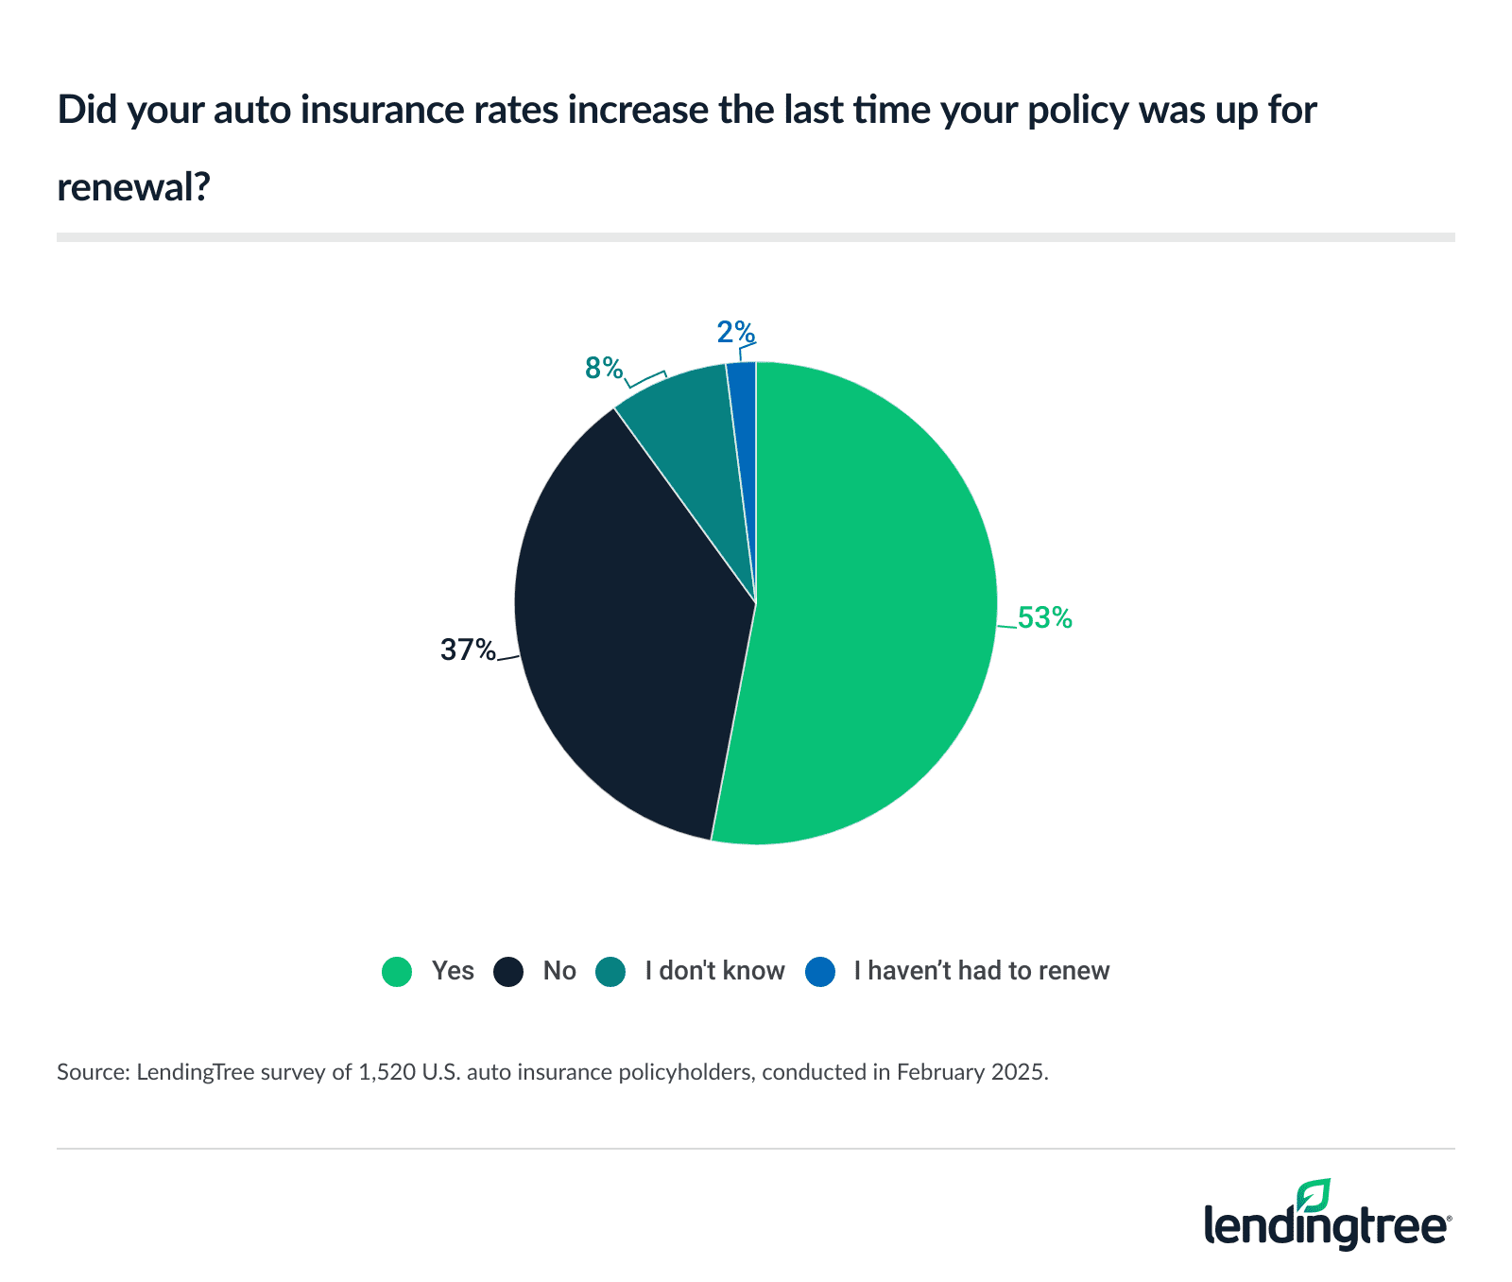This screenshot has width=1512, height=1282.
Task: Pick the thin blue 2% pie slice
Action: [744, 397]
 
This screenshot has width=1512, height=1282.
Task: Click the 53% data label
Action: [1044, 618]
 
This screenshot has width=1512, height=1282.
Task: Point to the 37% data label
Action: [468, 650]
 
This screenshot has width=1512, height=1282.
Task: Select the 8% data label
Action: [604, 369]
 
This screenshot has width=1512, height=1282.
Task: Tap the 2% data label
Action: [735, 333]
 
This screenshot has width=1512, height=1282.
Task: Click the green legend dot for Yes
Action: [397, 972]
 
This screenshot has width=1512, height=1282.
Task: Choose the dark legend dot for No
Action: [508, 972]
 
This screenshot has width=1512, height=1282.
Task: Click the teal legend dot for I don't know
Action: [610, 972]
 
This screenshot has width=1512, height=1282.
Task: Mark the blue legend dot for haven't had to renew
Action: [820, 972]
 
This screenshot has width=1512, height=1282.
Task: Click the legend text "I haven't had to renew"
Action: [981, 971]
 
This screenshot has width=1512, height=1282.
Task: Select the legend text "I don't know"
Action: [714, 971]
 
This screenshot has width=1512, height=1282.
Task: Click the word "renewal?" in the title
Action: [133, 187]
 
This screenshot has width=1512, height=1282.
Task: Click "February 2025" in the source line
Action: [971, 1073]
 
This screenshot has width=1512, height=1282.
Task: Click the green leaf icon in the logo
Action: [1313, 1195]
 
